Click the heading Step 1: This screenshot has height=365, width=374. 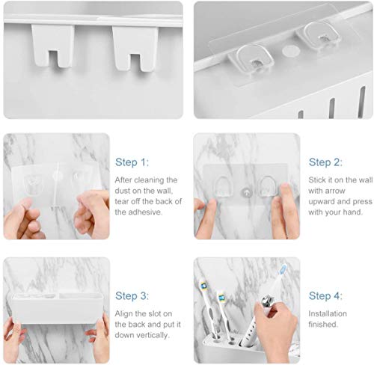pyautogui.click(x=132, y=162)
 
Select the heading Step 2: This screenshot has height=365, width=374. pyautogui.click(x=325, y=162)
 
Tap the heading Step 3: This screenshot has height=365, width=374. pyautogui.click(x=132, y=295)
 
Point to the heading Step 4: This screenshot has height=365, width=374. pyautogui.click(x=325, y=295)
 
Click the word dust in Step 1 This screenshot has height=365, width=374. pyautogui.click(x=125, y=191)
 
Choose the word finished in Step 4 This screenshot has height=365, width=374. pyautogui.click(x=325, y=325)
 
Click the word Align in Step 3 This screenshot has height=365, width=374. pyautogui.click(x=125, y=314)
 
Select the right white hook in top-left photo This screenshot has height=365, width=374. pyautogui.click(x=132, y=48)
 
